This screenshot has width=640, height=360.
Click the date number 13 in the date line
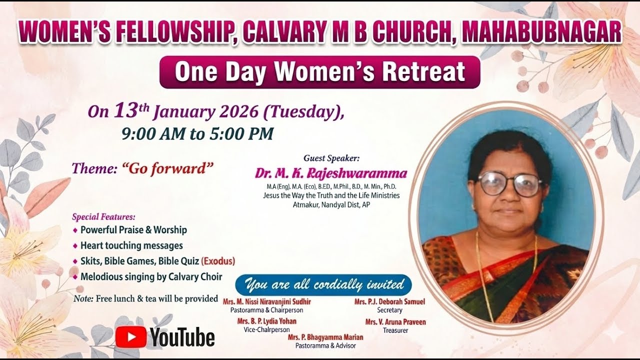(x=125, y=110)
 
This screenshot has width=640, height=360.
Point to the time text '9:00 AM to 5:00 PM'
(x=197, y=134)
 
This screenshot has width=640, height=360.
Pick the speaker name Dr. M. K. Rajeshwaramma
(x=331, y=173)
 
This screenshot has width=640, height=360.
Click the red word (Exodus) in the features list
(x=218, y=261)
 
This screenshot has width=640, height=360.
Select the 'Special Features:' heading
(x=103, y=217)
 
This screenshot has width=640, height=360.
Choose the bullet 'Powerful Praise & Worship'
(x=133, y=230)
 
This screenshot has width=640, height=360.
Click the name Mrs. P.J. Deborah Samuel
(x=389, y=302)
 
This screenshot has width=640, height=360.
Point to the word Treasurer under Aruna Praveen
(x=395, y=330)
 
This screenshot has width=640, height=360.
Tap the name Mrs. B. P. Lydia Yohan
(x=266, y=321)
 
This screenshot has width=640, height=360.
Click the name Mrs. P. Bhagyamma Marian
(x=325, y=337)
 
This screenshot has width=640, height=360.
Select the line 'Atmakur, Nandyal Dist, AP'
(x=331, y=204)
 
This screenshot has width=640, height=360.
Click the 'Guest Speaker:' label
(x=331, y=158)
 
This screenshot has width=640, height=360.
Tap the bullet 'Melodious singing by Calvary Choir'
(x=151, y=276)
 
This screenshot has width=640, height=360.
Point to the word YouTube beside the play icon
(x=182, y=337)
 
